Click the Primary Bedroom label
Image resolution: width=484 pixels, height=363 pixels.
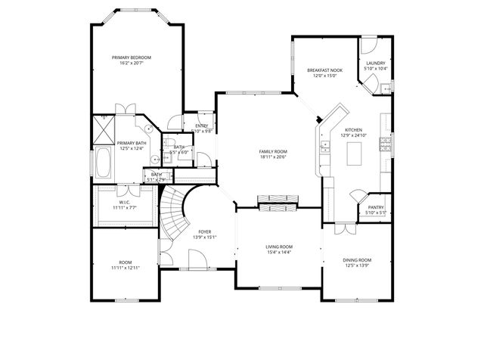pyautogui.click(x=132, y=57)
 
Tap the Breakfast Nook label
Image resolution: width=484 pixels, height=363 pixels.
pyautogui.click(x=325, y=70)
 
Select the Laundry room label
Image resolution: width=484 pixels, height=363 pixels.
pyautogui.click(x=376, y=64)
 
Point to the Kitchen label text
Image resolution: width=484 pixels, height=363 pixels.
pyautogui.click(x=353, y=130)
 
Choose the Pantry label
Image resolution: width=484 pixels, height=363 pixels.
pyautogui.click(x=376, y=207)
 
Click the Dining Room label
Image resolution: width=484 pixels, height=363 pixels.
pyautogui.click(x=358, y=259)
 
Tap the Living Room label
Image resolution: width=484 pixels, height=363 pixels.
pyautogui.click(x=279, y=247)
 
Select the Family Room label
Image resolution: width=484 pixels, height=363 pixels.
pyautogui.click(x=273, y=151)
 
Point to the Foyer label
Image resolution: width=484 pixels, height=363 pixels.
pyautogui.click(x=205, y=231)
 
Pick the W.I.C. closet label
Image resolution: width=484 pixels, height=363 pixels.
pyautogui.click(x=123, y=202)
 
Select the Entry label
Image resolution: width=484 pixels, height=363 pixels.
pyautogui.click(x=202, y=126)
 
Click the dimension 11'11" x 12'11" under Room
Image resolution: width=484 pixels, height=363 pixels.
pyautogui.click(x=126, y=268)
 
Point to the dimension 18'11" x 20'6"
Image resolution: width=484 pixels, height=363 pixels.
pyautogui.click(x=273, y=157)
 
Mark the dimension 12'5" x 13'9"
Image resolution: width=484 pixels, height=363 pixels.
pyautogui.click(x=358, y=265)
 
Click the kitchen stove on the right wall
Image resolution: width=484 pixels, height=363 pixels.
pyautogui.click(x=386, y=141)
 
